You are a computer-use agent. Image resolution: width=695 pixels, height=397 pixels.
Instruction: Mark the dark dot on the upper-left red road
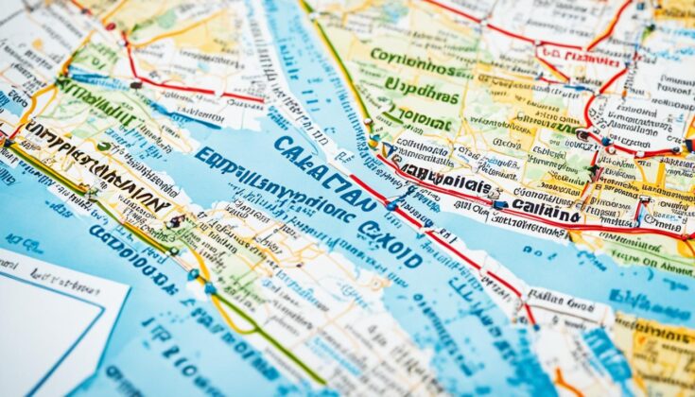pyautogui.click(x=136, y=85)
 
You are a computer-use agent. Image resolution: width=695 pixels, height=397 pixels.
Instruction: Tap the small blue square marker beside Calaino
pyautogui.click(x=499, y=204)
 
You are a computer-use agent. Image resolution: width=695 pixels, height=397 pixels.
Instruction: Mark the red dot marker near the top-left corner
pyautogui.click(x=111, y=26)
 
